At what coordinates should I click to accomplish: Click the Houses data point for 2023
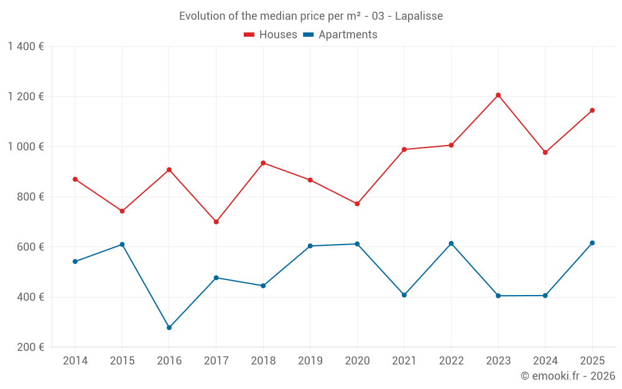pyautogui.click(x=498, y=95)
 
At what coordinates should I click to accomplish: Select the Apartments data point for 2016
pyautogui.click(x=169, y=327)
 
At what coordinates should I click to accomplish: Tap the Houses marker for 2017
pyautogui.click(x=216, y=222)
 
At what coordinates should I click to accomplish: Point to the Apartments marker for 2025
pyautogui.click(x=592, y=243)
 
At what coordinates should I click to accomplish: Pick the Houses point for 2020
pyautogui.click(x=357, y=204)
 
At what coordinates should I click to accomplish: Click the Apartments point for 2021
pyautogui.click(x=404, y=295)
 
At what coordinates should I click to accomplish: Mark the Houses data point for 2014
pyautogui.click(x=75, y=179)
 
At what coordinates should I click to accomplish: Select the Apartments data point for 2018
pyautogui.click(x=263, y=286)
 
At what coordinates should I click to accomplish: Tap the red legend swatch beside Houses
pyautogui.click(x=249, y=35)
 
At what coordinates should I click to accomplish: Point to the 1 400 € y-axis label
pyautogui.click(x=26, y=47)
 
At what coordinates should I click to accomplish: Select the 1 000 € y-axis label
pyautogui.click(x=26, y=147)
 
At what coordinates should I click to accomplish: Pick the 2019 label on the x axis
pyautogui.click(x=310, y=361)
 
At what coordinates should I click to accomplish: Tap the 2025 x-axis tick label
pyautogui.click(x=592, y=361)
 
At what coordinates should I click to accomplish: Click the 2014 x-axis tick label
pyautogui.click(x=75, y=361)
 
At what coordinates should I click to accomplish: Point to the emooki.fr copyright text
pyautogui.click(x=567, y=376)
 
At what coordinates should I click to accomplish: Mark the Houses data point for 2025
pyautogui.click(x=592, y=110)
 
